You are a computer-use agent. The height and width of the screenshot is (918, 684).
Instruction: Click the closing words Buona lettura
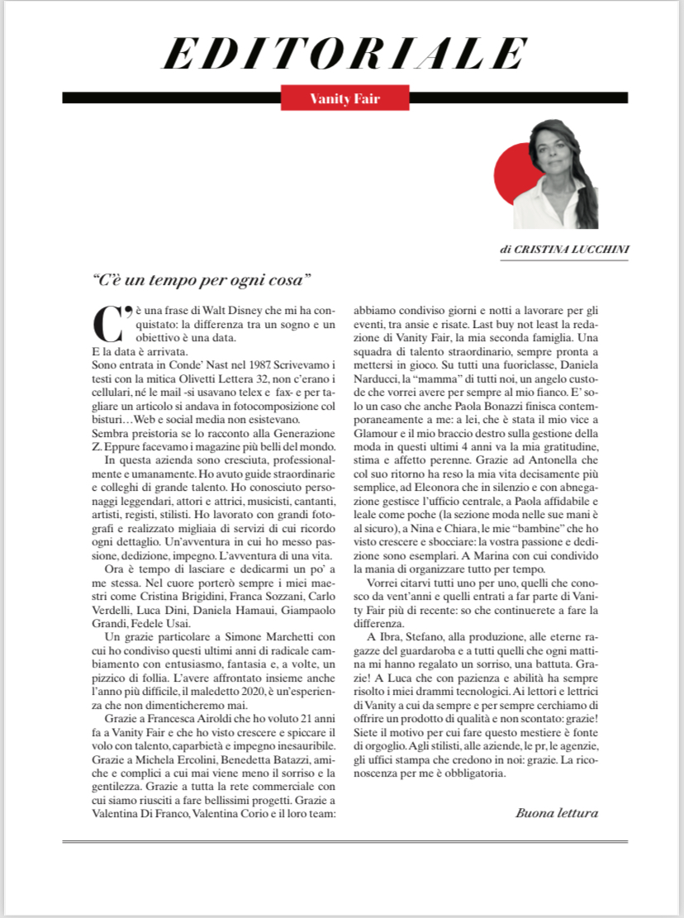556,812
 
